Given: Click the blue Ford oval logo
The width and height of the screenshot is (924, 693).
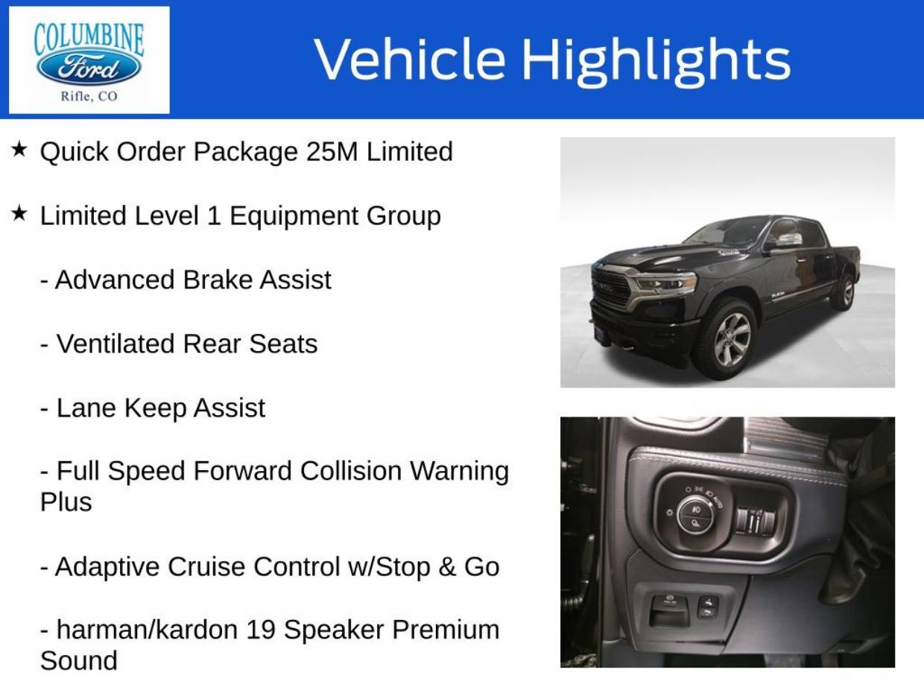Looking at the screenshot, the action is click(x=89, y=68).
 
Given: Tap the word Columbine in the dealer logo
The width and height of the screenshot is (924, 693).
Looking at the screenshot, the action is click(x=89, y=39).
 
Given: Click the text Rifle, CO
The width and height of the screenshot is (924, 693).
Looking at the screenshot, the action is click(x=89, y=97).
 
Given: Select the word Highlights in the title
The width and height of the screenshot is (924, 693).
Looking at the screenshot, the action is click(x=656, y=60).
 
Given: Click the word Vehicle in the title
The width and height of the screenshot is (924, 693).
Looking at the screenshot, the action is click(x=410, y=58).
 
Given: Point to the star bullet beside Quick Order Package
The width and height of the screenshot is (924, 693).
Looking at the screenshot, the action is click(x=19, y=149).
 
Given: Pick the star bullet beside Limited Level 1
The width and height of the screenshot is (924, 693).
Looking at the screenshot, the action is click(x=19, y=213).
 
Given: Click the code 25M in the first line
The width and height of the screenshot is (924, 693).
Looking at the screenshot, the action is click(x=332, y=151).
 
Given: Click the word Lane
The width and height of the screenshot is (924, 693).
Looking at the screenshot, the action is click(x=86, y=408).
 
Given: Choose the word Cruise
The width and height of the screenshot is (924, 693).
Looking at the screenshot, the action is click(x=206, y=566).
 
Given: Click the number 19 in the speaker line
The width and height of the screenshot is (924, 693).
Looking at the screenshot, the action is click(x=261, y=630).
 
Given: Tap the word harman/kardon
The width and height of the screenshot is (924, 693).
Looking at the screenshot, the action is click(x=148, y=630).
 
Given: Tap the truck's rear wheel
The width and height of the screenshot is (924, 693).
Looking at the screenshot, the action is click(x=844, y=291).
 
